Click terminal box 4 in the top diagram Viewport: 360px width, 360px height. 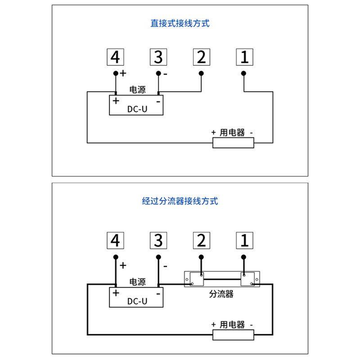(116, 57)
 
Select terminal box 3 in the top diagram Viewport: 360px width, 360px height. (158, 57)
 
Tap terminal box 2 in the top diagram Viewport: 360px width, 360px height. (201, 57)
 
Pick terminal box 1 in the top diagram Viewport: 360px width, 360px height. (244, 57)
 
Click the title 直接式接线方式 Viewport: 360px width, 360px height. (180, 23)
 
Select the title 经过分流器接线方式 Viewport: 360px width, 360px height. (180, 201)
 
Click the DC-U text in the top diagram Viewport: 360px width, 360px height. (137, 108)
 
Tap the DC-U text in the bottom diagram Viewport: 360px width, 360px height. (137, 301)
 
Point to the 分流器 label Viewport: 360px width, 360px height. (221, 294)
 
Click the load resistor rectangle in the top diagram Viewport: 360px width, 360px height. (233, 143)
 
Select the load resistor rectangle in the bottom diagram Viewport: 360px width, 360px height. (233, 335)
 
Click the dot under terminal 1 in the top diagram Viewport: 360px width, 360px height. (244, 73)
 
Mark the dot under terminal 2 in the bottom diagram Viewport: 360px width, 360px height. (201, 257)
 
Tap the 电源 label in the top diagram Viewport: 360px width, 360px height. (137, 90)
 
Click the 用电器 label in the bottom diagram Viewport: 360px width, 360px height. (232, 324)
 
